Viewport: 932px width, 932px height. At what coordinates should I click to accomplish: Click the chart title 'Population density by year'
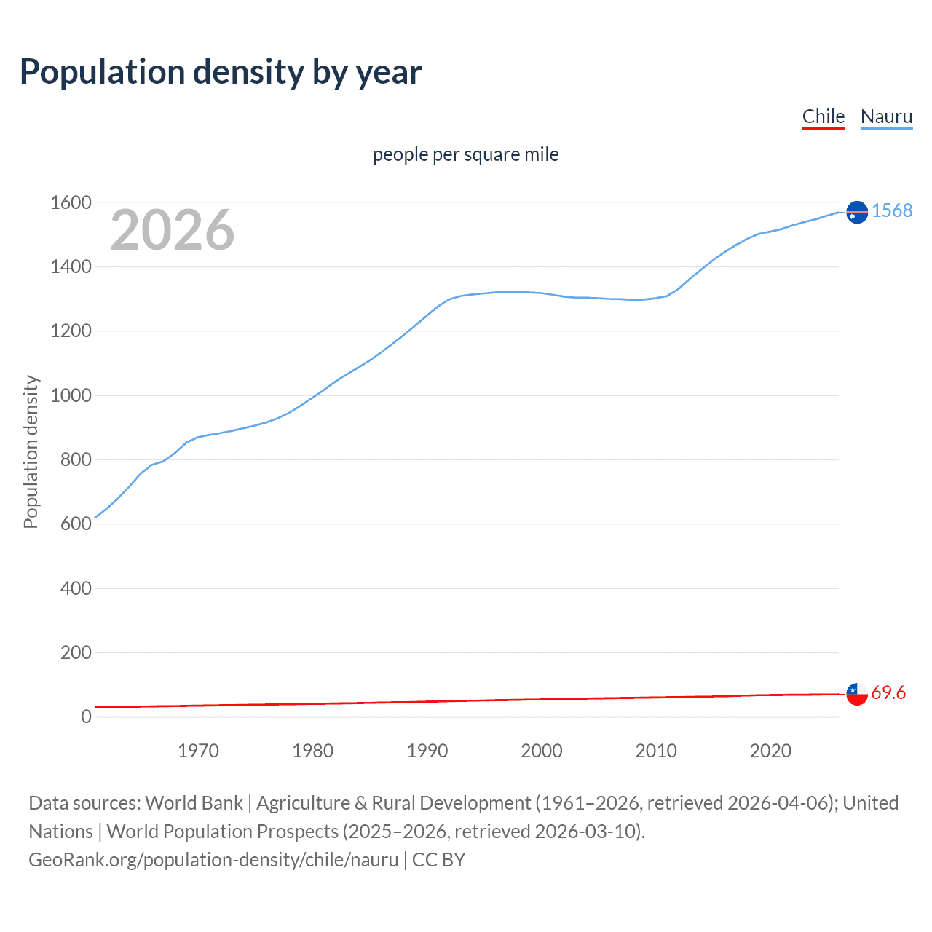(221, 72)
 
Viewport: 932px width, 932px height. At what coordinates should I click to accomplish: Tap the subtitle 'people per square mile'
(465, 154)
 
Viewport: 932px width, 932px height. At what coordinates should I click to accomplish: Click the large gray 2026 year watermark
(173, 230)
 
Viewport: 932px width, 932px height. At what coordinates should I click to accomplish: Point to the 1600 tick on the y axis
(71, 202)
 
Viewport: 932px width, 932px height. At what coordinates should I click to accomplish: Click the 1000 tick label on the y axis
(71, 395)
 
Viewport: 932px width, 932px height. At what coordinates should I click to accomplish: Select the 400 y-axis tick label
(76, 588)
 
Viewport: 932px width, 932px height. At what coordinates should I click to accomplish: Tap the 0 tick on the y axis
(86, 716)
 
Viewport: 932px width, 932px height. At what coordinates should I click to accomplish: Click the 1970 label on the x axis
(198, 751)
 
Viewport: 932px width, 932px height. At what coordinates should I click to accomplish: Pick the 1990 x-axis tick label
(427, 751)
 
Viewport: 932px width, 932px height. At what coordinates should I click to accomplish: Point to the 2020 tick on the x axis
(770, 751)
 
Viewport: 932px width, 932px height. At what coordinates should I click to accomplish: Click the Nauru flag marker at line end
(857, 211)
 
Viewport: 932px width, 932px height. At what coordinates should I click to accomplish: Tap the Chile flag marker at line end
(857, 694)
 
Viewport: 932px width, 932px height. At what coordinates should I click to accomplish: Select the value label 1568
(892, 210)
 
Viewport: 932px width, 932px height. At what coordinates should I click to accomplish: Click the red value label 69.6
(888, 692)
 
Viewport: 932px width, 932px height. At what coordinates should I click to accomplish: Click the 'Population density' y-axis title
(31, 451)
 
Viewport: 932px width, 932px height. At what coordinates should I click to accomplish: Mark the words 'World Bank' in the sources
(194, 803)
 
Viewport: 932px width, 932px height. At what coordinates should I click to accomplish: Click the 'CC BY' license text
(438, 860)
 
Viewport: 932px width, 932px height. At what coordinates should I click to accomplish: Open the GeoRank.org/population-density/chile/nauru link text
(213, 860)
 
